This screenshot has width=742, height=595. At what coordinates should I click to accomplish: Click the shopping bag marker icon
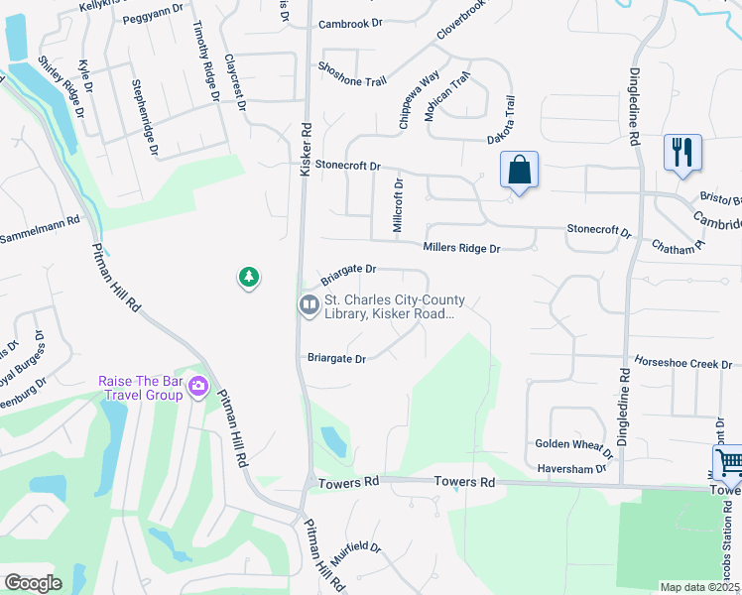[519, 170]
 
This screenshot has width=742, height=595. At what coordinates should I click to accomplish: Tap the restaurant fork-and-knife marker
[681, 153]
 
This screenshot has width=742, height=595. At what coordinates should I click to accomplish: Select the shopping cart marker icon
[729, 462]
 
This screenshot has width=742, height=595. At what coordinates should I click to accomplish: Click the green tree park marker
[249, 278]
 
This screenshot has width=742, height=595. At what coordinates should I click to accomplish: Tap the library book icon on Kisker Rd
[309, 305]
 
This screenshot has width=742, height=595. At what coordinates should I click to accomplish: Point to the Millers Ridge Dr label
[461, 248]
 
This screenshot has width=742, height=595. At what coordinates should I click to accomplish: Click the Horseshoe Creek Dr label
[676, 364]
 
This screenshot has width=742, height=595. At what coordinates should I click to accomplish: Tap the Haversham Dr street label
[570, 468]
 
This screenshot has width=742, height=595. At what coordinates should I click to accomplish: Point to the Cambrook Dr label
[350, 25]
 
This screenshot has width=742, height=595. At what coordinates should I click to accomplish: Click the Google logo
[33, 583]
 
